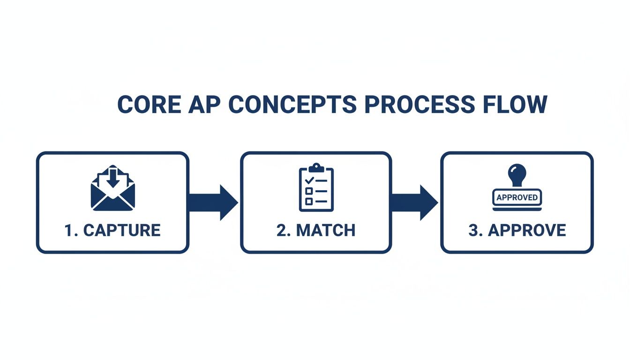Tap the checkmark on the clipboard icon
(x=309, y=180)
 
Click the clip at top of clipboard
(x=316, y=167)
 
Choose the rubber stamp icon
(x=517, y=187)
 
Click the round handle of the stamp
(x=517, y=172)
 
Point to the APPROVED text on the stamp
(x=517, y=197)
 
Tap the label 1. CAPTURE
(x=112, y=231)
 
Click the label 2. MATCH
(x=316, y=231)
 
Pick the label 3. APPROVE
(x=517, y=231)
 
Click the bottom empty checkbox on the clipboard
(x=309, y=201)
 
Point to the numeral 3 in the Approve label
(x=472, y=231)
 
